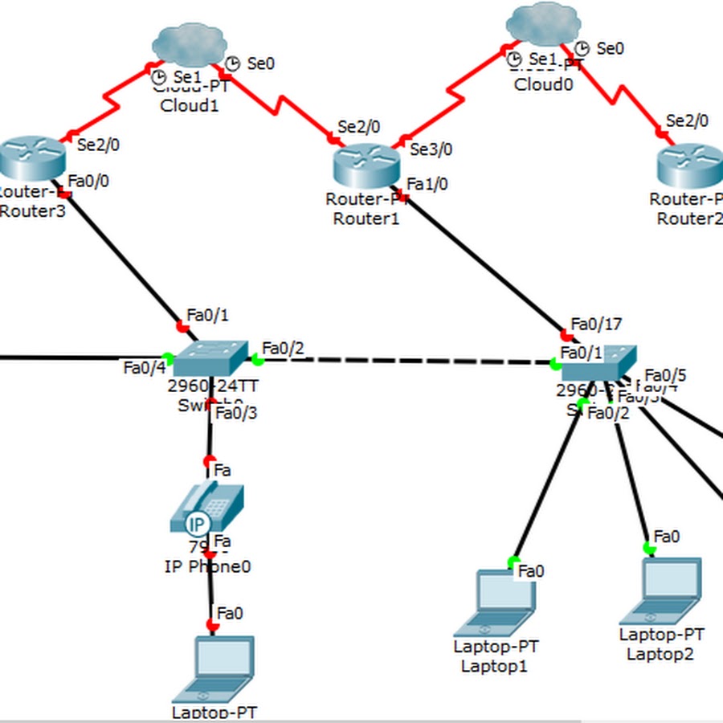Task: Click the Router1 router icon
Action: point(366,164)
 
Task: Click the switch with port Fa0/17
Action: point(598,364)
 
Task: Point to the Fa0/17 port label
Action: point(596,325)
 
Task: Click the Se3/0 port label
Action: point(431,149)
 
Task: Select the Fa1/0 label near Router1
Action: point(427,185)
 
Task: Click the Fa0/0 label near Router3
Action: point(88,181)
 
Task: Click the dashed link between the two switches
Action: point(402,361)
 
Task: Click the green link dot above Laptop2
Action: point(649,549)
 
